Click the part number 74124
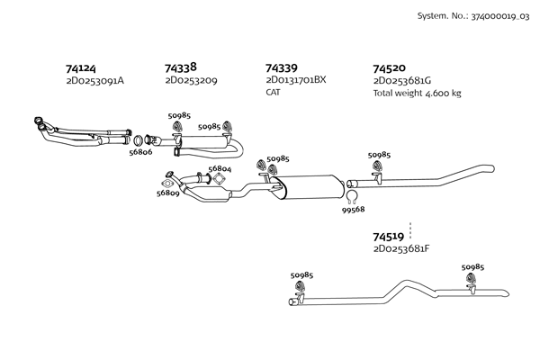[81, 67]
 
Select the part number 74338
[181, 67]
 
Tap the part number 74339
[282, 67]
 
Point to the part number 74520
[389, 67]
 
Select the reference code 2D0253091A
[94, 81]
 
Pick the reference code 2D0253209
[191, 80]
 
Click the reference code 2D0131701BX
[296, 80]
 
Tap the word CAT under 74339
[274, 92]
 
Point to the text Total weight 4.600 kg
[417, 93]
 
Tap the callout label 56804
[220, 168]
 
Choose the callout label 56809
[167, 193]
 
